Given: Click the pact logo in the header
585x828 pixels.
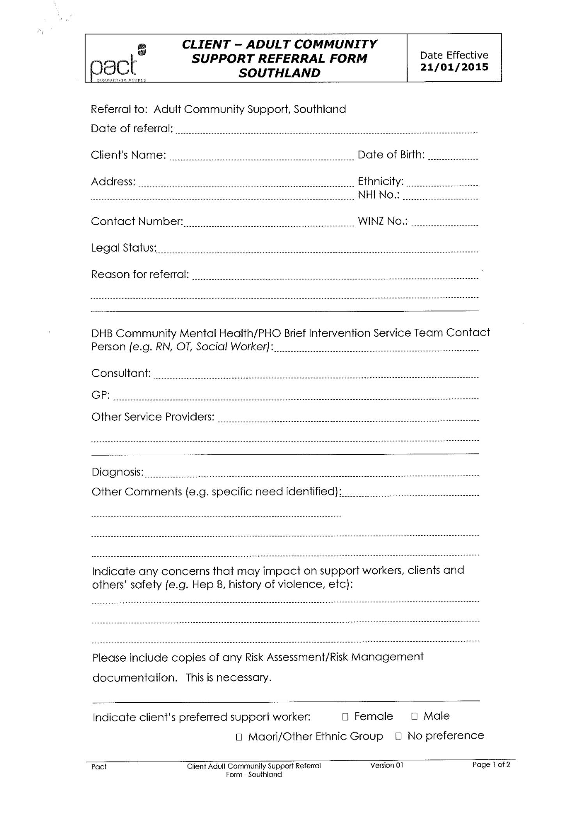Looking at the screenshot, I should point(117,63).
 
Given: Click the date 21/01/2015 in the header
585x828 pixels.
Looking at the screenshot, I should point(454,67).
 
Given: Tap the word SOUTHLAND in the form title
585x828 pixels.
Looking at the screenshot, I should point(279,73).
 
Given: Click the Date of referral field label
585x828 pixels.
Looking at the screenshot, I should point(132,128).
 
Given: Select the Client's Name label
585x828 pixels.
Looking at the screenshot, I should point(128,155).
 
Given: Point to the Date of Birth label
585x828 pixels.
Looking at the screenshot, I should point(391,155).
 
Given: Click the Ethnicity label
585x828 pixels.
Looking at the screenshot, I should point(381,181).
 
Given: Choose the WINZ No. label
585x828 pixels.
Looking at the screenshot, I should point(383,221).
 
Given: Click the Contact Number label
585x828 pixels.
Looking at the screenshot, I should point(137,221).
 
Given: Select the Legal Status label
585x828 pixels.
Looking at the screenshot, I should point(124,248).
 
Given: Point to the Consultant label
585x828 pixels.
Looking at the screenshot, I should point(121,373).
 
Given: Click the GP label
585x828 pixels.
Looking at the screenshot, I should point(100,395).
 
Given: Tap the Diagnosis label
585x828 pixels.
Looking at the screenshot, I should point(117,472).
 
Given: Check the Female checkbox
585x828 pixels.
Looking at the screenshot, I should point(345,717).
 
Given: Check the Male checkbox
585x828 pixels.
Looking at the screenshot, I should point(415,716).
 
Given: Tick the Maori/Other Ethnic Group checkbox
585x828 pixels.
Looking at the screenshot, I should point(239,737).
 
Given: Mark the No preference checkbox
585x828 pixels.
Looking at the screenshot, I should point(398,736).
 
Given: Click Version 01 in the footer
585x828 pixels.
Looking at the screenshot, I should point(386,765).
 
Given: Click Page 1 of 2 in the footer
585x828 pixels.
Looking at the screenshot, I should point(491,764).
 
